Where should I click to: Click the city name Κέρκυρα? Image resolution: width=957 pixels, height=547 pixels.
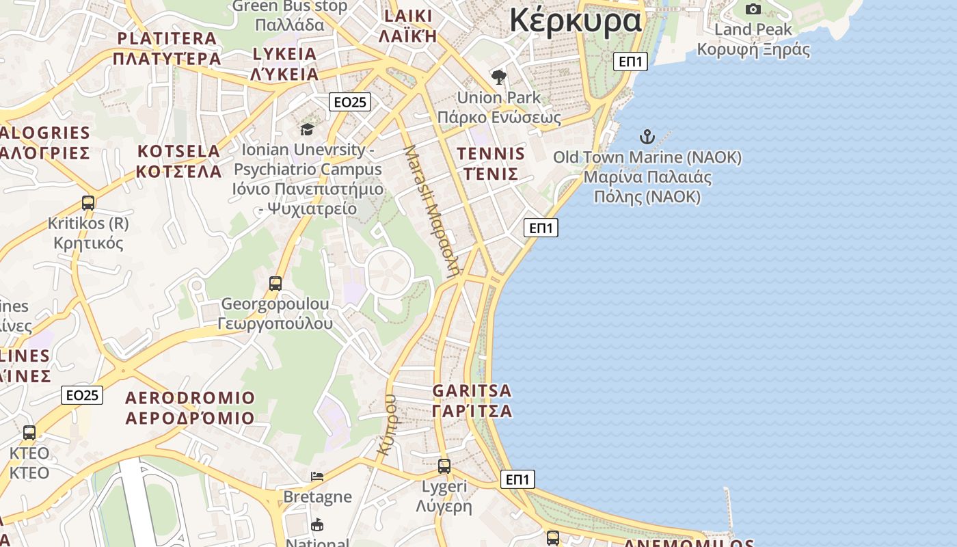coord(576,20)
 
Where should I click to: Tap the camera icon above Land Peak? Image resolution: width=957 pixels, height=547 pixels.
coord(753,9)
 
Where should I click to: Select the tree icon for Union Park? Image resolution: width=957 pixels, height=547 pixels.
coord(499,77)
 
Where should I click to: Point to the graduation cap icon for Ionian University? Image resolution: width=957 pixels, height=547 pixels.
coord(308,129)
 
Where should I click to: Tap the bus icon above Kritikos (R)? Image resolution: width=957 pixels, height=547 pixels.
coord(88,203)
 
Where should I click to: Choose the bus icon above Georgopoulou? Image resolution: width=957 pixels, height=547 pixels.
coord(275,284)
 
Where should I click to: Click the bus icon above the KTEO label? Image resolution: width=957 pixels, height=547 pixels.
coord(29,433)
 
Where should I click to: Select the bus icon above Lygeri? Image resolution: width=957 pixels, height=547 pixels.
coord(444,466)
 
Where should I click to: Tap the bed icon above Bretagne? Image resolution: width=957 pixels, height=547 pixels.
coord(317,477)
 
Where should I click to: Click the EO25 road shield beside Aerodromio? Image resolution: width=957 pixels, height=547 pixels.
coord(82,395)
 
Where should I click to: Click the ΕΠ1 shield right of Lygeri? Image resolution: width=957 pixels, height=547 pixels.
coord(517,479)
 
